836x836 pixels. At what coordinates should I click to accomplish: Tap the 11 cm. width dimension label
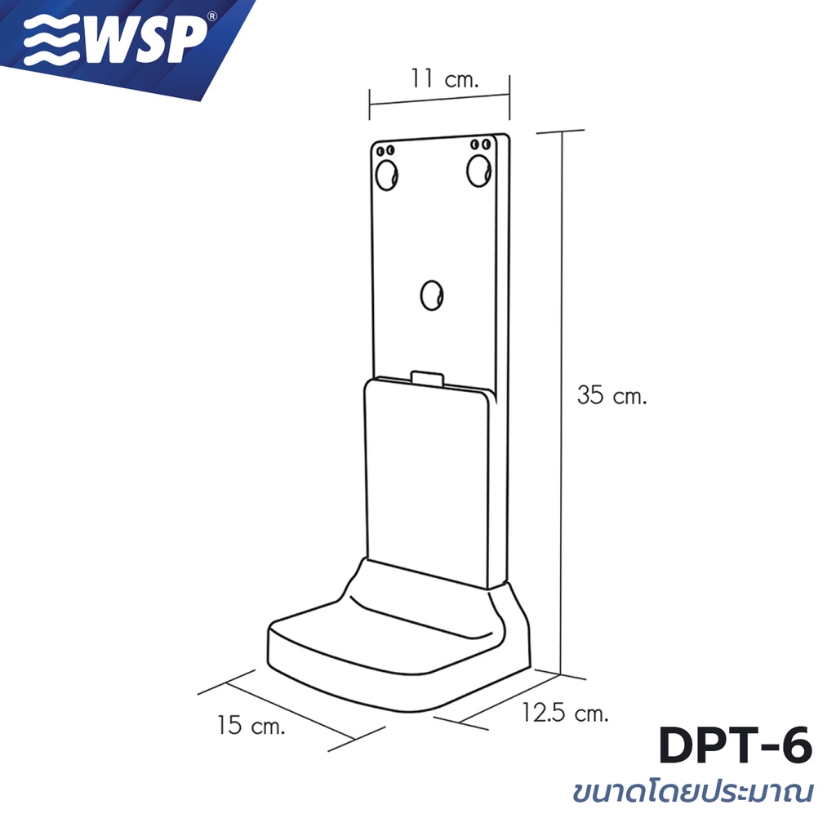click(x=445, y=78)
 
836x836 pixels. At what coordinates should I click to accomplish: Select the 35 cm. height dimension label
click(x=611, y=396)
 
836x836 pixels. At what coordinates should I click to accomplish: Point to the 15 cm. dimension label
click(x=251, y=725)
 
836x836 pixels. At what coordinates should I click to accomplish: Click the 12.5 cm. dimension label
click(x=565, y=713)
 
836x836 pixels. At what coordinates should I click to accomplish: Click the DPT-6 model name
click(x=736, y=745)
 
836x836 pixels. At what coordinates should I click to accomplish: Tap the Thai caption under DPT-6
click(x=693, y=791)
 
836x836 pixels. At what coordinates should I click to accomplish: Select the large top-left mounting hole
click(x=386, y=175)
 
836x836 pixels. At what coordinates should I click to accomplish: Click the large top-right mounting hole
click(x=478, y=171)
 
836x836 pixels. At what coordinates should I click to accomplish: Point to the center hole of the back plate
click(x=432, y=296)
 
